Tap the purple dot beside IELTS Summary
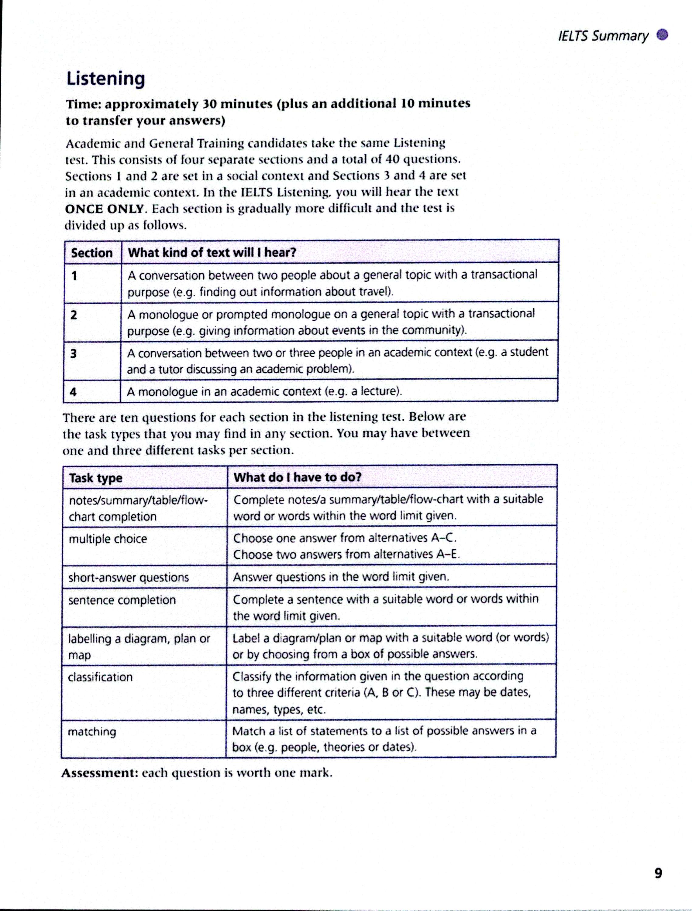[662, 35]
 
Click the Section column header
[91, 252]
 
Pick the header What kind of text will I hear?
[212, 252]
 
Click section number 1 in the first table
[74, 275]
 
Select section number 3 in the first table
[73, 353]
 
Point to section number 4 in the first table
[73, 392]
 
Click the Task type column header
[96, 478]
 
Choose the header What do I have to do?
[297, 477]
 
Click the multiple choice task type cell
[108, 539]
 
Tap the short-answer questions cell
[128, 577]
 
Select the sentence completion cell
[122, 600]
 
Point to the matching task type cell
[92, 732]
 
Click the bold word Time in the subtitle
[82, 104]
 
